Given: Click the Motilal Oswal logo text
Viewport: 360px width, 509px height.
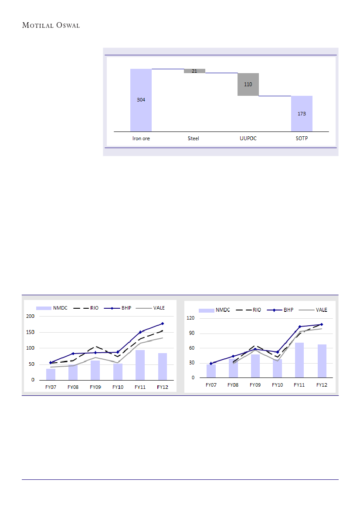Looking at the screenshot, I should point(51,25).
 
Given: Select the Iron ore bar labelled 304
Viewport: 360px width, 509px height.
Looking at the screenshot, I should point(141,100).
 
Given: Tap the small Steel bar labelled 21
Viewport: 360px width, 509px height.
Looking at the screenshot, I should point(194,71).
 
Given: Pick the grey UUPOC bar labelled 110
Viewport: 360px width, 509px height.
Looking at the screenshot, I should point(248,84).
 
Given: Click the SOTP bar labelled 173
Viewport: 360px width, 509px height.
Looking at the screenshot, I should point(302,114).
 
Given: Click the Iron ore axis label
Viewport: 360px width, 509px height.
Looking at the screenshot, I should point(141,139).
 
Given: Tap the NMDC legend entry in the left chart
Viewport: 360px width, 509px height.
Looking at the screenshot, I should point(55,308).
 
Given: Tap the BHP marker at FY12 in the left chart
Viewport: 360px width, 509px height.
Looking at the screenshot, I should point(162,324).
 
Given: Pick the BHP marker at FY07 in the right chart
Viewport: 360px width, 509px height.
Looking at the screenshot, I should point(211,364).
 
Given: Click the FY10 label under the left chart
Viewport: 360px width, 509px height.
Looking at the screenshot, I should point(117,387).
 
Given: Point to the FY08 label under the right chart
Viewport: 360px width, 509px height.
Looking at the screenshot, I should point(233,385).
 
